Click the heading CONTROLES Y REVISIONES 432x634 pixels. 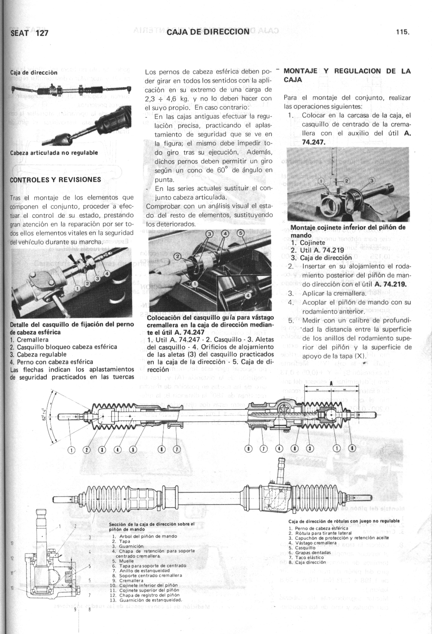click(x=55, y=180)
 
